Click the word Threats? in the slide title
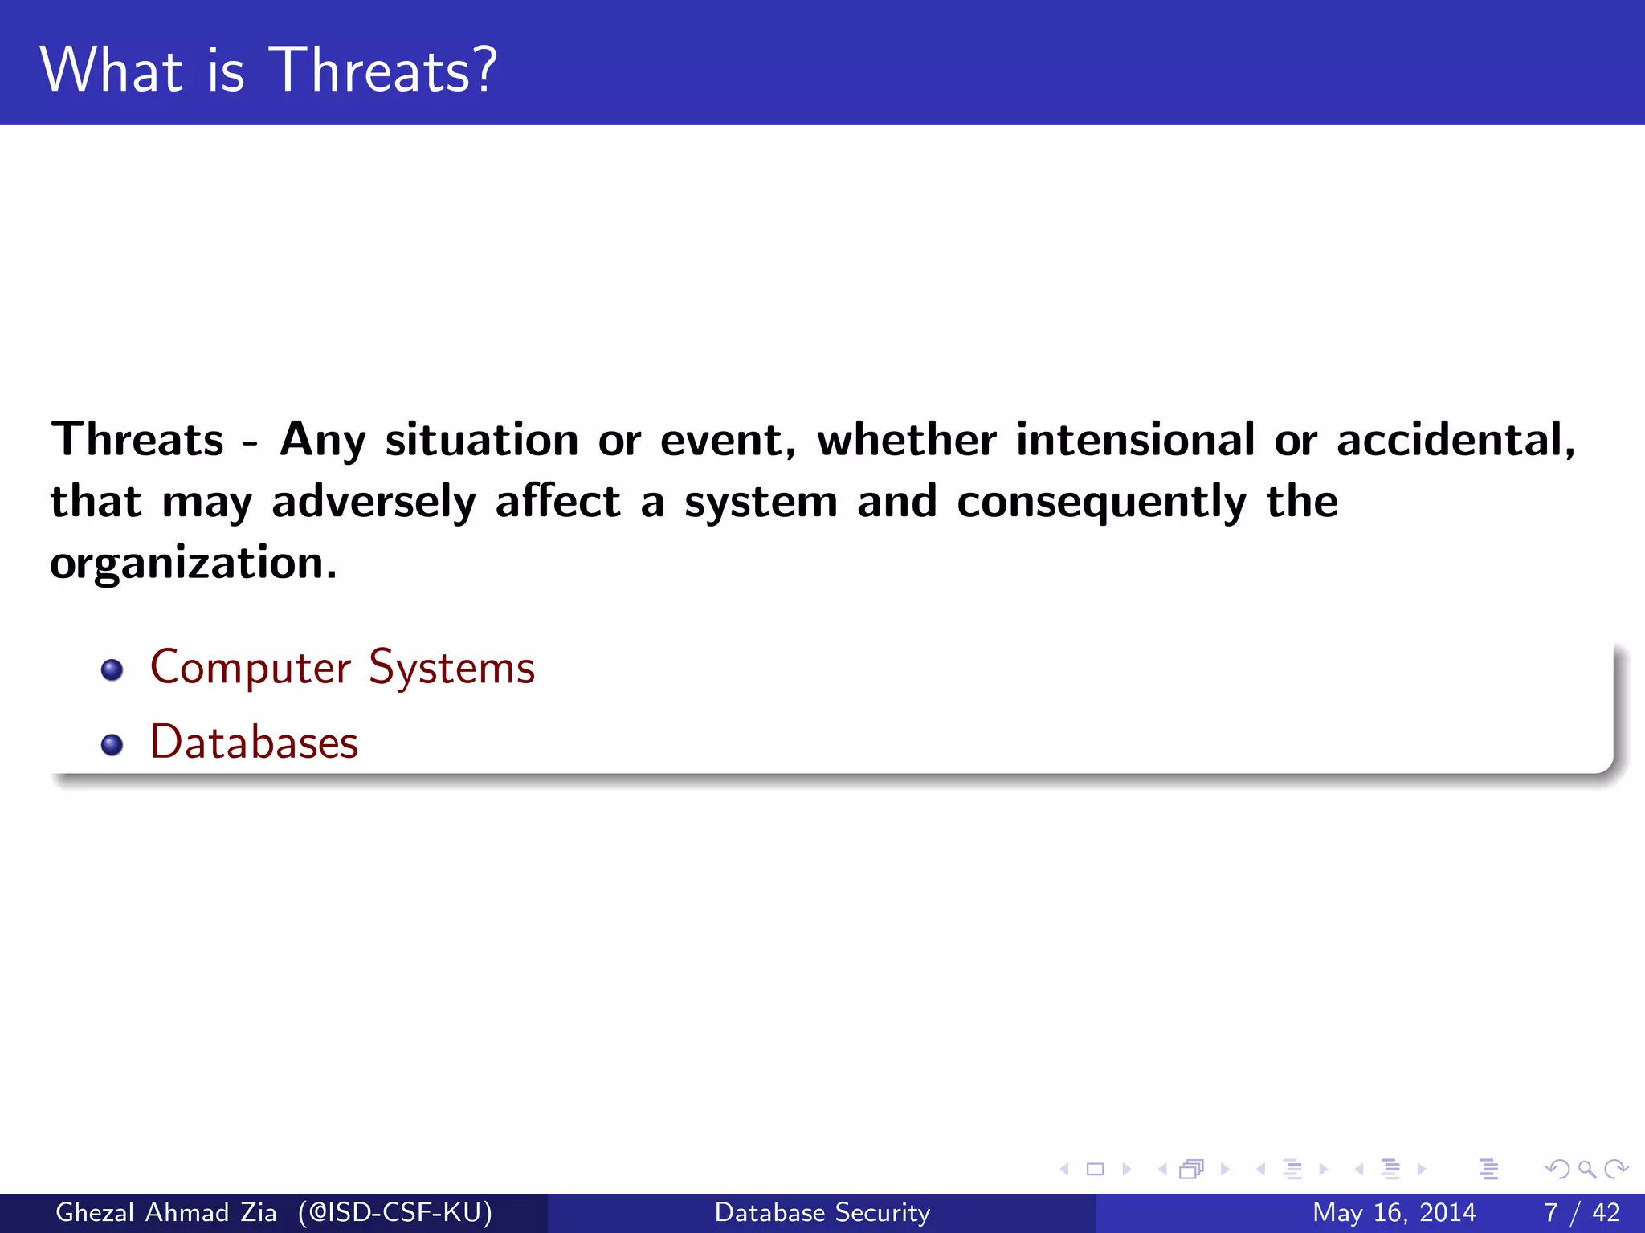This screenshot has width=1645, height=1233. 384,71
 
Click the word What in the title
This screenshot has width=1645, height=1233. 111,71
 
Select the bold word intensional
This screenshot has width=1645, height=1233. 1135,440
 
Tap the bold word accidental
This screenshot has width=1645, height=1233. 1455,440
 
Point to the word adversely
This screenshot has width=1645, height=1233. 373,503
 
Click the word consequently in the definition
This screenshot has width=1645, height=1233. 1101,503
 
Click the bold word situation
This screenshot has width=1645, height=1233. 482,440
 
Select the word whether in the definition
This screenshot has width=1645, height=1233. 907,440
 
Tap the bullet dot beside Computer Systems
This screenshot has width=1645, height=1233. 112,669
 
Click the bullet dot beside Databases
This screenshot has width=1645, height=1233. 112,744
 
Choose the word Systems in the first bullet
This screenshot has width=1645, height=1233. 451,668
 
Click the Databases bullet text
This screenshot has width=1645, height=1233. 254,743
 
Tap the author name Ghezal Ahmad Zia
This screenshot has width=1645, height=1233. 165,1212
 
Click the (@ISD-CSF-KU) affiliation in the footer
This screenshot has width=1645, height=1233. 395,1212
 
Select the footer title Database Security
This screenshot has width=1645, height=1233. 822,1212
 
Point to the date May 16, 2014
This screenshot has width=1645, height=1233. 1394,1212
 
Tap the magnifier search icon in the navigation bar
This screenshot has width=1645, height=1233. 1586,1169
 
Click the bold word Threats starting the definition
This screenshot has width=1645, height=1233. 137,440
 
